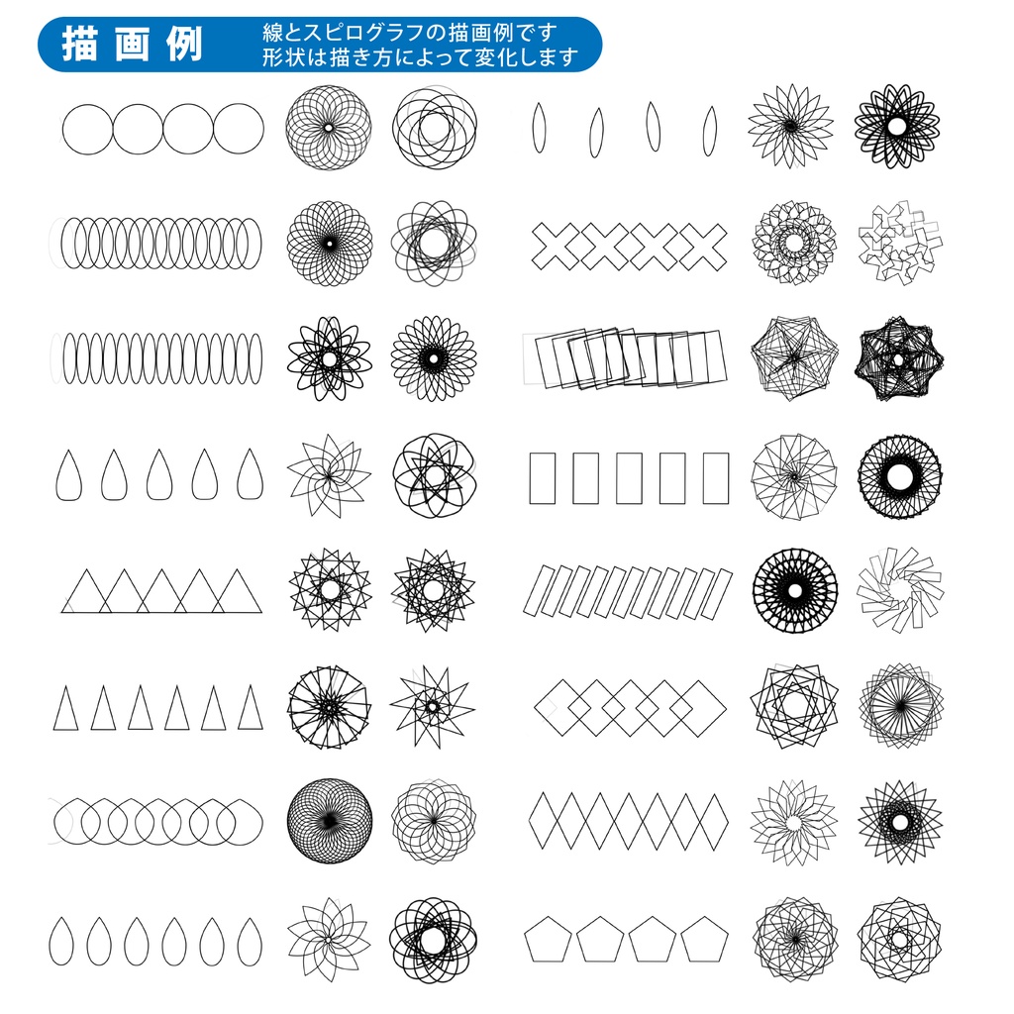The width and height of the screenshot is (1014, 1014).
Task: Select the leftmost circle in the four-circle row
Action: pyautogui.click(x=88, y=129)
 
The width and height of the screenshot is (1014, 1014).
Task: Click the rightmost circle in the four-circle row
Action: pyautogui.click(x=239, y=129)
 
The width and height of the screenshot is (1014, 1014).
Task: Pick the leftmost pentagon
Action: pyautogui.click(x=549, y=939)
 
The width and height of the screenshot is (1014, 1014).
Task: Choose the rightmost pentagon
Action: pyautogui.click(x=703, y=939)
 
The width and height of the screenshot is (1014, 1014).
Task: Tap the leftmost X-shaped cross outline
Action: pyautogui.click(x=557, y=245)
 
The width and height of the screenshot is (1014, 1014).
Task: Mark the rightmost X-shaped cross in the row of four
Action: pyautogui.click(x=702, y=245)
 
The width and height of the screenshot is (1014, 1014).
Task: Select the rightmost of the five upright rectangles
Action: pyautogui.click(x=716, y=478)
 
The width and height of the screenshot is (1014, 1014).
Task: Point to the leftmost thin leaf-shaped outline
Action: pyautogui.click(x=538, y=128)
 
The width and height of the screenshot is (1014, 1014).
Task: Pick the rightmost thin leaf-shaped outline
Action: pyautogui.click(x=709, y=130)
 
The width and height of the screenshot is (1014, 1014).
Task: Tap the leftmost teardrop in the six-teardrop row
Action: pyautogui.click(x=61, y=942)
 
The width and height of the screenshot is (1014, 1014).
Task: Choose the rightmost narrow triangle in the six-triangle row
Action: pyautogui.click(x=250, y=708)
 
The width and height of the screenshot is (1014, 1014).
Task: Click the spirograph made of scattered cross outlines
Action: pyautogui.click(x=899, y=245)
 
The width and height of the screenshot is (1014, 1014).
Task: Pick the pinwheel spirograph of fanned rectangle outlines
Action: pyautogui.click(x=899, y=592)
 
